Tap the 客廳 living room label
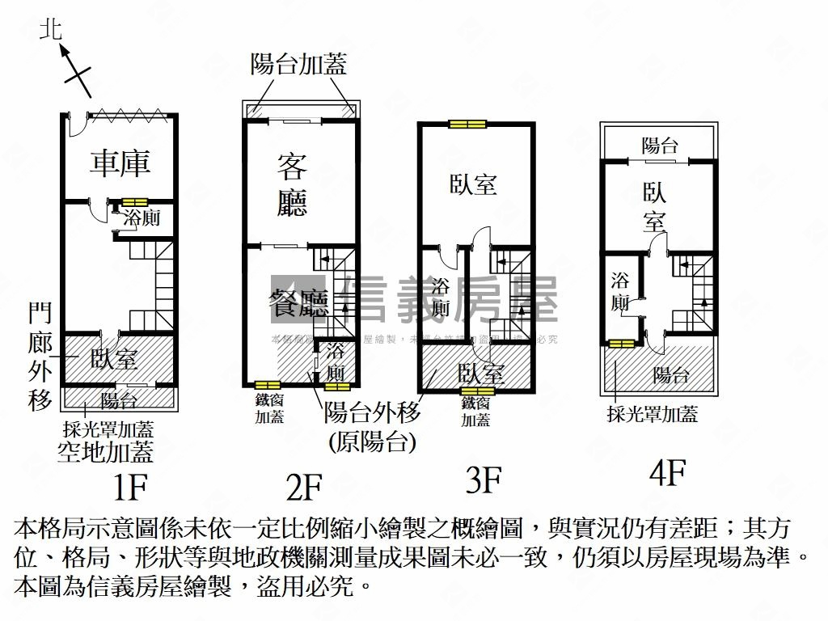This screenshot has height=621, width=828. [x=292, y=185]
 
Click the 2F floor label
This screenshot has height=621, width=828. [x=304, y=488]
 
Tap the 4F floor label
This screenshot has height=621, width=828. [x=667, y=473]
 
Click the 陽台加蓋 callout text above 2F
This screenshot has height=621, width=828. [x=298, y=65]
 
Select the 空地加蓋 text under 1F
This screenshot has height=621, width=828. [x=105, y=451]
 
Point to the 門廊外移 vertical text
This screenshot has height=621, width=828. [x=40, y=356]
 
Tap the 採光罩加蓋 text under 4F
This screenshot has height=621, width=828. [x=652, y=415]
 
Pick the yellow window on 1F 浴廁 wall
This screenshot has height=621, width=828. [x=134, y=201]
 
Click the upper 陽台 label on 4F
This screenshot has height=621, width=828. [x=659, y=146]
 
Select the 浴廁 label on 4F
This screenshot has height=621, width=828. [x=620, y=292]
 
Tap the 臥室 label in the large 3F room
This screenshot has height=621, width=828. [x=473, y=184]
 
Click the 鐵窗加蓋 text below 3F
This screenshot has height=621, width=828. [x=476, y=411]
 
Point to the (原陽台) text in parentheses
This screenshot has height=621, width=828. [x=372, y=441]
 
